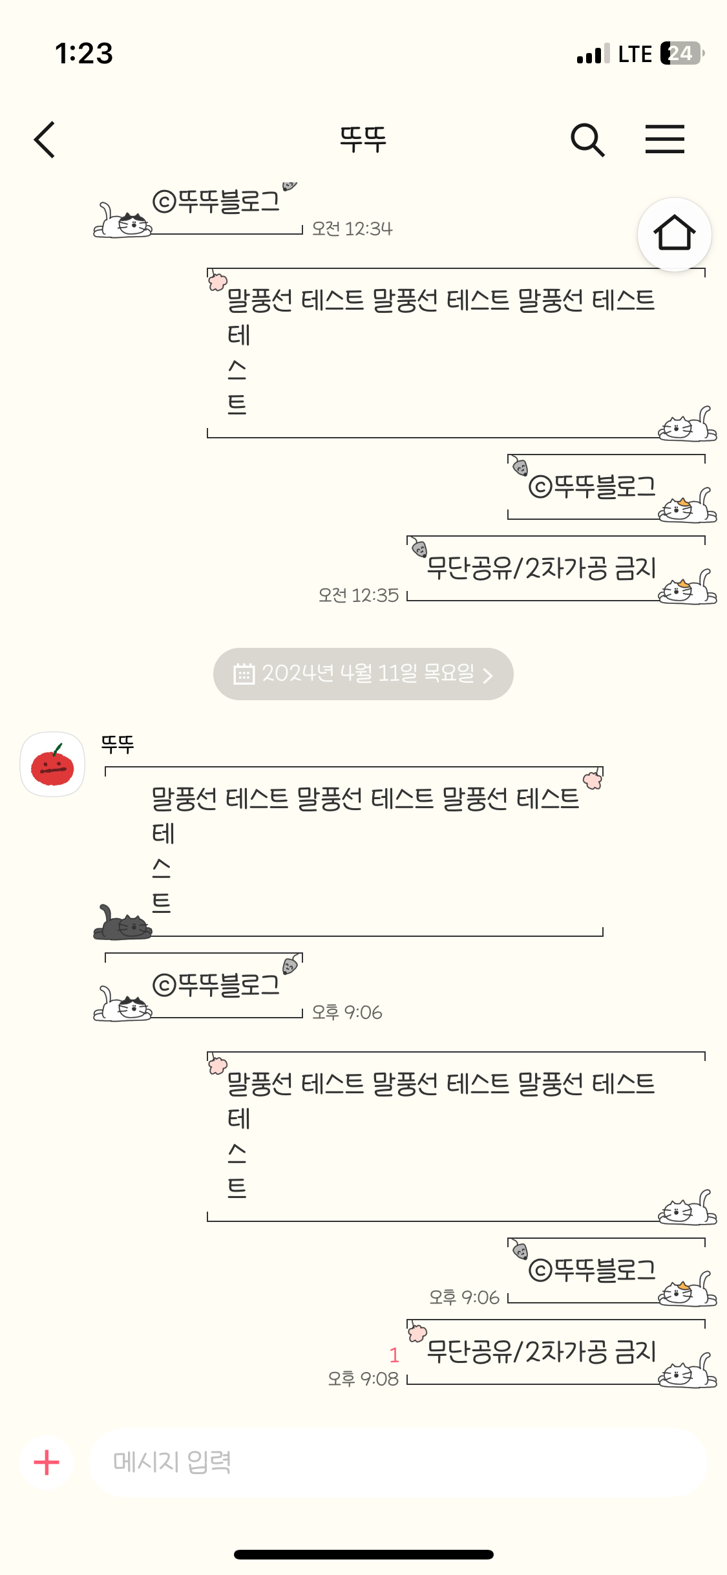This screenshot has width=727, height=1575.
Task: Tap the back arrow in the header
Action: click(45, 140)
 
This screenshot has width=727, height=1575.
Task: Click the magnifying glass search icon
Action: click(587, 140)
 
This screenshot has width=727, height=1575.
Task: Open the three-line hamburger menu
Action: click(664, 140)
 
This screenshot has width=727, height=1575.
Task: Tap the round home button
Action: click(674, 234)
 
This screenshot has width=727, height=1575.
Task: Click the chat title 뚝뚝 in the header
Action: click(363, 140)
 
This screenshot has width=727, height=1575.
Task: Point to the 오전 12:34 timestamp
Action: click(352, 229)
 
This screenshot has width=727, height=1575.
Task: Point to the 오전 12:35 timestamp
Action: click(359, 595)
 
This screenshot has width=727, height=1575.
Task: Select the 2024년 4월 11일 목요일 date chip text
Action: click(368, 674)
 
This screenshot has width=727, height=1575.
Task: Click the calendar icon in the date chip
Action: click(244, 674)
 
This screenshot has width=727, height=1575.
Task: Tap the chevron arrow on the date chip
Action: click(489, 676)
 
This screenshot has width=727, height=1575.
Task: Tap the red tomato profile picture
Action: click(52, 764)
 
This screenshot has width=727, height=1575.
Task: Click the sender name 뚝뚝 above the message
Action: click(118, 745)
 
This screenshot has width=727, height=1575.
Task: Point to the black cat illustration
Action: click(122, 923)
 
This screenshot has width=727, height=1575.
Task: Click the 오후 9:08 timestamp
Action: click(363, 1379)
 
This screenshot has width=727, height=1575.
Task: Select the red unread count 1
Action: click(394, 1355)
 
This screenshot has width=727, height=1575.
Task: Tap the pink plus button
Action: click(47, 1462)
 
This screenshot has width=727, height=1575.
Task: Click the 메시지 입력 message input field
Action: click(397, 1462)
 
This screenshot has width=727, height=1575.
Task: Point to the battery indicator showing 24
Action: click(682, 53)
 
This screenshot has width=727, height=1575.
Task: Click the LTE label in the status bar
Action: click(635, 54)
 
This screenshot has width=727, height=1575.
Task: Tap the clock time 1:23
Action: click(84, 53)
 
